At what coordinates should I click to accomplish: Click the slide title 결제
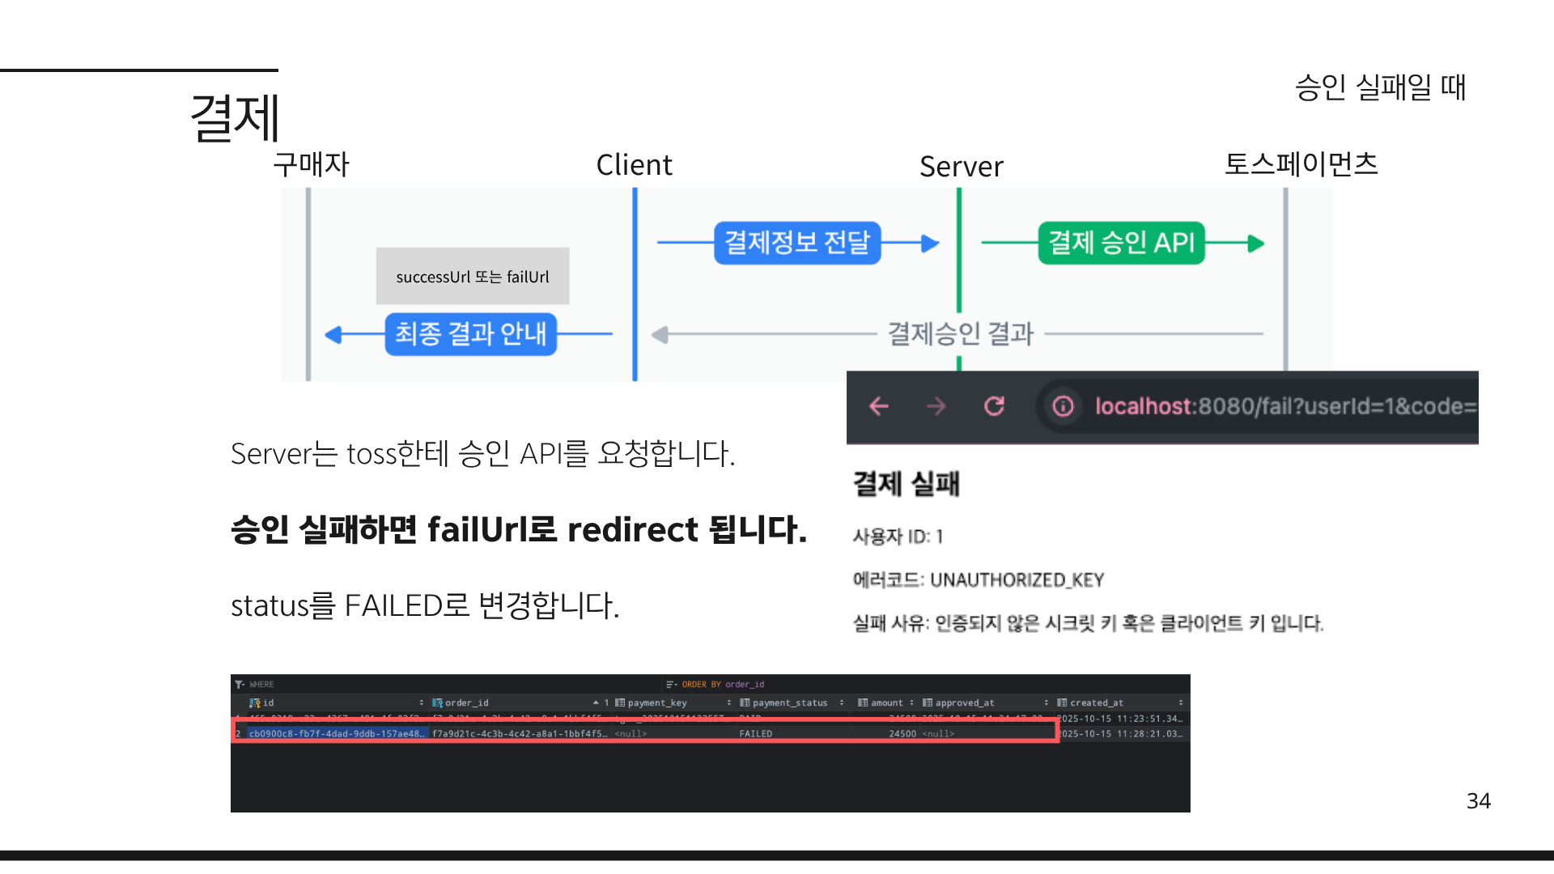[x=235, y=118]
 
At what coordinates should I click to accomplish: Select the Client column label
[x=634, y=165]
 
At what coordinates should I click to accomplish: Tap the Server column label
[x=961, y=167]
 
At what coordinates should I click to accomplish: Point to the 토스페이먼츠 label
[x=1301, y=164]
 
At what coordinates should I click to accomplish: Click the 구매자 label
[x=311, y=165]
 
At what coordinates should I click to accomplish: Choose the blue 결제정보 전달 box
[x=796, y=243]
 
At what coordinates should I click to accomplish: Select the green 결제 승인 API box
[x=1121, y=243]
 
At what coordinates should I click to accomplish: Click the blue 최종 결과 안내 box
[x=470, y=333]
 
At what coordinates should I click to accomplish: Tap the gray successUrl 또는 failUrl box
[x=473, y=277]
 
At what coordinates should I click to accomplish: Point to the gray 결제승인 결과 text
[x=961, y=333]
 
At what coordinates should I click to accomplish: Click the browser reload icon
[x=994, y=406]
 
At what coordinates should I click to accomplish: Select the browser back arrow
[x=879, y=406]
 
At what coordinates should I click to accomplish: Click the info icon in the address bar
[x=1063, y=406]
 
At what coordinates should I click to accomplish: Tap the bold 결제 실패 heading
[x=906, y=484]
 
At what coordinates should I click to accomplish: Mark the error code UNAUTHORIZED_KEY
[x=1017, y=580]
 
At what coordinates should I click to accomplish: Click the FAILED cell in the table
[x=755, y=734]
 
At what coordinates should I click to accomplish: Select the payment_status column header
[x=789, y=703]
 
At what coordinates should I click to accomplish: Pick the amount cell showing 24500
[x=902, y=734]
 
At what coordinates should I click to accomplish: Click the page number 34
[x=1478, y=801]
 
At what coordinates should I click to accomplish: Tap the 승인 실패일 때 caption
[x=1380, y=87]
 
